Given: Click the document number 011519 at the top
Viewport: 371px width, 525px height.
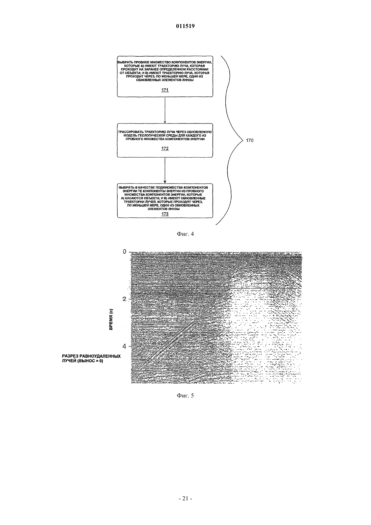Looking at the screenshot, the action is tap(185, 26).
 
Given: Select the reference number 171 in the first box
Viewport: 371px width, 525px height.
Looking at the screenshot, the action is tap(165, 90).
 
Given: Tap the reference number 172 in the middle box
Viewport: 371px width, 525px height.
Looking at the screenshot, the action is tap(165, 148).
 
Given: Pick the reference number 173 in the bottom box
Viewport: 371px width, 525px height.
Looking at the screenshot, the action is tap(165, 214).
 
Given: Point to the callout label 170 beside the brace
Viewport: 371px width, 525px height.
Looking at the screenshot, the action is tap(250, 141).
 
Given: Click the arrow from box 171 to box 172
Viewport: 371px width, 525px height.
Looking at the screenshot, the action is tap(165, 110).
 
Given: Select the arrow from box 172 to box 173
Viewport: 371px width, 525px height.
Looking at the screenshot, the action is tap(165, 170).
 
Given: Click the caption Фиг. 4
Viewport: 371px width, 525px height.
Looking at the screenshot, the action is tap(185, 234).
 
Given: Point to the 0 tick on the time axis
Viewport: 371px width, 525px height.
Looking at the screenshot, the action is tap(124, 252).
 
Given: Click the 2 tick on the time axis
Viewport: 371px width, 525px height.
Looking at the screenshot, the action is tap(124, 299).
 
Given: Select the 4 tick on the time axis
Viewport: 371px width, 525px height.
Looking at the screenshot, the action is tap(124, 346).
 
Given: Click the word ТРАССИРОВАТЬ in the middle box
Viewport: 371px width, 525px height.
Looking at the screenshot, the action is tap(131, 132).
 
